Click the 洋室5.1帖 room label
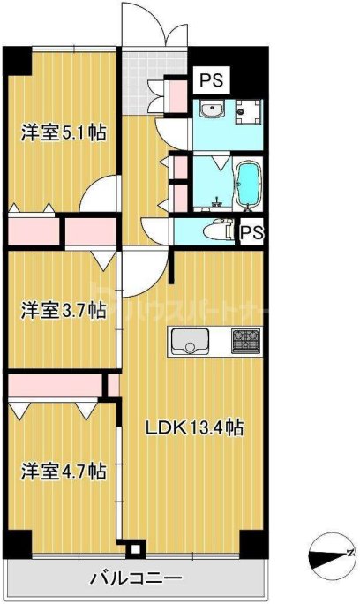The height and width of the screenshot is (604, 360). (64, 133)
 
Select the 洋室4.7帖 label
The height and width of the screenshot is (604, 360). (64, 471)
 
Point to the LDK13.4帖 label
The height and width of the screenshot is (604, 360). (194, 428)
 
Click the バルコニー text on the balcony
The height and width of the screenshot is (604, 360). (136, 579)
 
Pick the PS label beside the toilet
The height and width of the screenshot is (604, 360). (251, 233)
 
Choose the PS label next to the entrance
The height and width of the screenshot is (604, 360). (210, 81)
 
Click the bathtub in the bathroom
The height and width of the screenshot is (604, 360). (250, 185)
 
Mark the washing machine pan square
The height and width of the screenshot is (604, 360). (249, 112)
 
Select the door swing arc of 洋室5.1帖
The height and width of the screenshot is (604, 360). (99, 194)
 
